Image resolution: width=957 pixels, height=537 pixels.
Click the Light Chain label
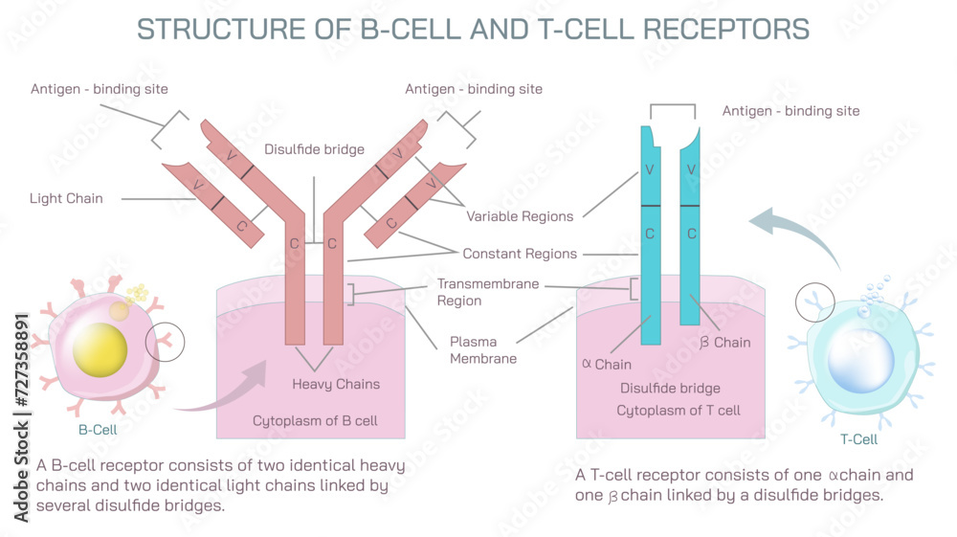[x=66, y=198]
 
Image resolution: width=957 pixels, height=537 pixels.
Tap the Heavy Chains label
[x=336, y=384]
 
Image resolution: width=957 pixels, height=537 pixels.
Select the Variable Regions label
[x=520, y=216]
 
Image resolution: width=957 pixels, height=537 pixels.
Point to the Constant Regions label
[x=520, y=254]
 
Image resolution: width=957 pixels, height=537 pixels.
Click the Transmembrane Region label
[x=488, y=292]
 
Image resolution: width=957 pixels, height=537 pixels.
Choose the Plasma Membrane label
[x=483, y=350]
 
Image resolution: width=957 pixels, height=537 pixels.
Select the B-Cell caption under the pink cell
[x=98, y=430]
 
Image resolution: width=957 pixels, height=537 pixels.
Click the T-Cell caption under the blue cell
[x=857, y=439]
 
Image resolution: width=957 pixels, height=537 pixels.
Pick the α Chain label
[x=607, y=364]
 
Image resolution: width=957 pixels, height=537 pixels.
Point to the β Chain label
[x=724, y=342]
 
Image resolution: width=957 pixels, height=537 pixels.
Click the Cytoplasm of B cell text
[x=315, y=420]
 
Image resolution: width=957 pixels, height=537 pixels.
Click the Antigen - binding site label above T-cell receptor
[x=790, y=111]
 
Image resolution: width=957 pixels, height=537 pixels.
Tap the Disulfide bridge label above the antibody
[x=314, y=149]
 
